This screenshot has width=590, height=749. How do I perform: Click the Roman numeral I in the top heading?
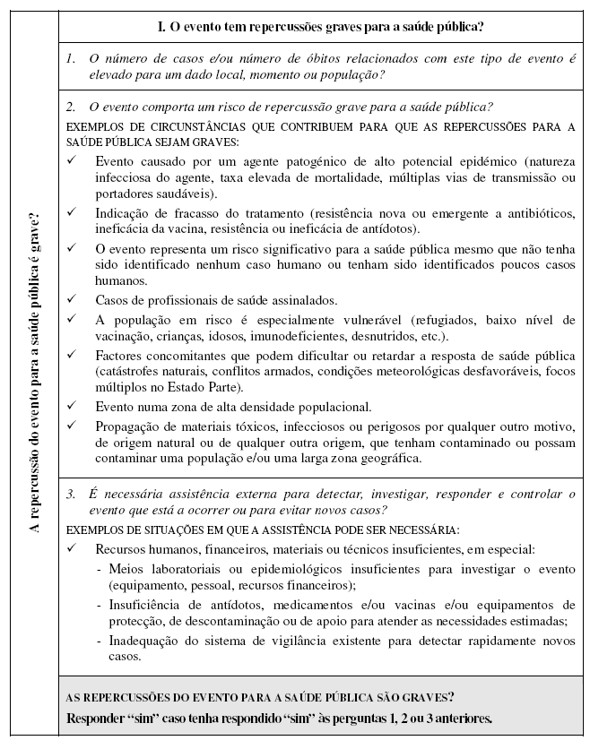(x=161, y=26)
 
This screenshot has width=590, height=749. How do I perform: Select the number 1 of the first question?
(x=71, y=58)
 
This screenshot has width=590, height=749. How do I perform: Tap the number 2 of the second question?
(x=71, y=107)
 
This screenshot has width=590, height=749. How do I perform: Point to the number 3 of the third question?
(x=71, y=494)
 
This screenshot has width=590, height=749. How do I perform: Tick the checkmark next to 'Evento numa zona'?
(x=73, y=407)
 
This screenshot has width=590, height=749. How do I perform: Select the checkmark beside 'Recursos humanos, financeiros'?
(x=73, y=548)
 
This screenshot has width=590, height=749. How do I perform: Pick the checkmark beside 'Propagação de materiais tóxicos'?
(x=73, y=426)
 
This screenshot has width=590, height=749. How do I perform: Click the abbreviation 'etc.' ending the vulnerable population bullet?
(x=438, y=336)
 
